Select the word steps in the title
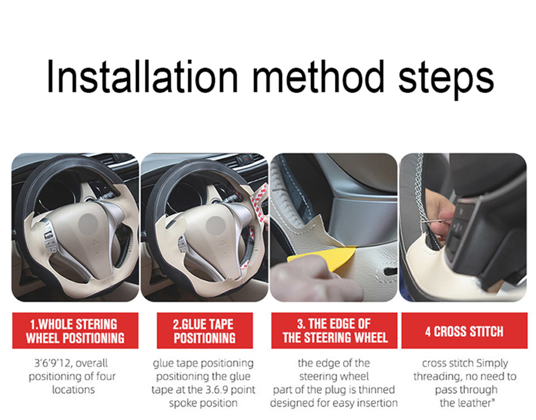(446, 79)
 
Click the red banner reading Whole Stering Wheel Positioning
(75, 331)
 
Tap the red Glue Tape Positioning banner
(204, 331)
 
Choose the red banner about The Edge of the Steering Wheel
(334, 331)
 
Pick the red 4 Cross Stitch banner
(464, 331)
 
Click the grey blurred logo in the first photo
(89, 224)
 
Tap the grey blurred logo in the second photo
(216, 225)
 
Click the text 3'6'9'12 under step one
(52, 363)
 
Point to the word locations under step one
(73, 389)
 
